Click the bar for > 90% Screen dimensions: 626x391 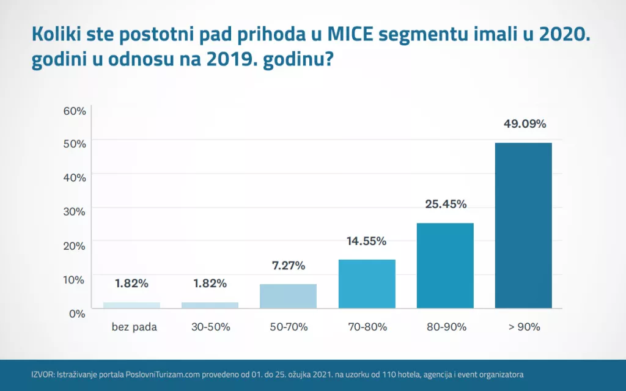[523, 225]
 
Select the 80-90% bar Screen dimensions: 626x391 [445, 266]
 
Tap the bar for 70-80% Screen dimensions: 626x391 [367, 284]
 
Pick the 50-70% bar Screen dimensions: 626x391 [289, 296]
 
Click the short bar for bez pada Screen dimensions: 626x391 [132, 305]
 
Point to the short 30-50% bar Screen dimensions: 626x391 [210, 305]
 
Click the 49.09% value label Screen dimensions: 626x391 [525, 123]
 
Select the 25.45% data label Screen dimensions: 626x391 [446, 204]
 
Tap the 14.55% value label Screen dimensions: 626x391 [367, 241]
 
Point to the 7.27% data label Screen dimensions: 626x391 [289, 265]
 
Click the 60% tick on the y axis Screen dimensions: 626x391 [75, 111]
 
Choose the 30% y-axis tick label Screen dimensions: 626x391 [75, 211]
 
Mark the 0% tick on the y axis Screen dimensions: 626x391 [77, 313]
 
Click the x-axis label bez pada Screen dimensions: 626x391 [134, 327]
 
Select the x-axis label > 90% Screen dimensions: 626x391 [524, 327]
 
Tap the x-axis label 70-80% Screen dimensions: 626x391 [367, 327]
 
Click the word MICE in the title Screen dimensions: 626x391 [350, 34]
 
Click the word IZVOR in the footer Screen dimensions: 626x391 [42, 375]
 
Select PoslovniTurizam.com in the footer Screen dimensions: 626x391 [163, 375]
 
